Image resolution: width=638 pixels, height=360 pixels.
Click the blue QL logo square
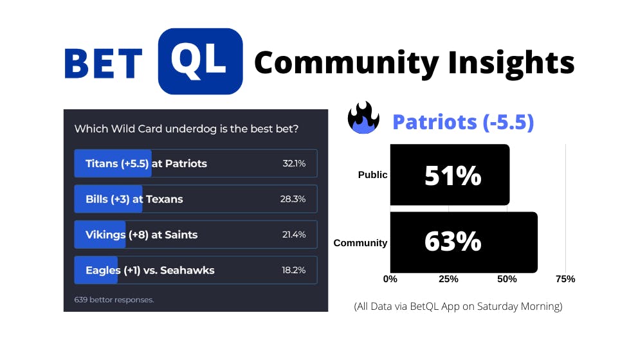coord(200,62)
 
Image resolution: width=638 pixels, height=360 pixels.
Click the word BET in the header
coord(104,64)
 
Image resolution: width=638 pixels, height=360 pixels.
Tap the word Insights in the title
coord(511,63)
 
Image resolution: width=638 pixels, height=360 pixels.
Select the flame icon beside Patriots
coord(363,118)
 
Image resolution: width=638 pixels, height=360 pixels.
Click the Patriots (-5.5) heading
coord(463,122)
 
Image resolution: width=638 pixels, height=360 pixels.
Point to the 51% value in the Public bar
coord(453,175)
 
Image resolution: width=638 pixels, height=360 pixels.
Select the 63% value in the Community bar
coord(453,241)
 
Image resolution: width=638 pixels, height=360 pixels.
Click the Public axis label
coord(372,174)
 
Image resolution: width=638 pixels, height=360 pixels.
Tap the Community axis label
coord(360,243)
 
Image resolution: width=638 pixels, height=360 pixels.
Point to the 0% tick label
coord(390,279)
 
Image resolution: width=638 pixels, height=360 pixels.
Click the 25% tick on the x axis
coord(448,279)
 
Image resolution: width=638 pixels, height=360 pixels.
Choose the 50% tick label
coord(507,279)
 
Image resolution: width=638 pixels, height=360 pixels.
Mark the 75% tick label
coord(565,279)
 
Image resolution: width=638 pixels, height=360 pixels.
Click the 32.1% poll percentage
coord(294,163)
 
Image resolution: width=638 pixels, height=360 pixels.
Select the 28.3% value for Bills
coord(293,199)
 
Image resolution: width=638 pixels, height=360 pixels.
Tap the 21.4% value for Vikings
coord(294,235)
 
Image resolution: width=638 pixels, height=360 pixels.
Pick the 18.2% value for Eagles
coord(293,270)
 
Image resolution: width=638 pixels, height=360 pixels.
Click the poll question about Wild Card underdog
coord(187,129)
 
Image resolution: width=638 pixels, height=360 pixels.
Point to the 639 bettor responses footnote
coord(114,300)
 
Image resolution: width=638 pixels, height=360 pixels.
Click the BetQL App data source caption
coord(458,306)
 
